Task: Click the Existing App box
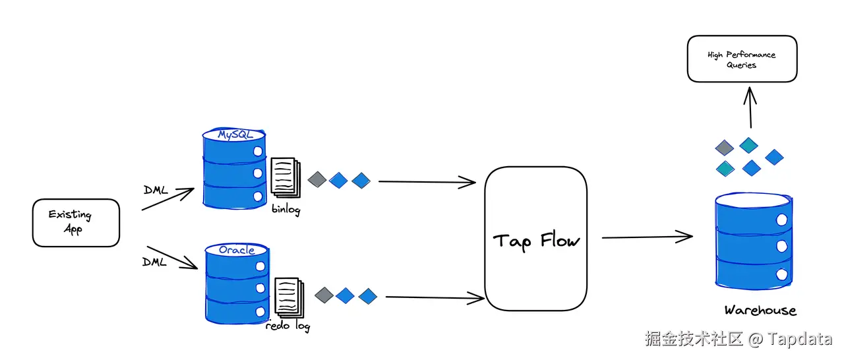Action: (76, 223)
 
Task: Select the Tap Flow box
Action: (535, 239)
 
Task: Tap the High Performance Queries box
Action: (742, 59)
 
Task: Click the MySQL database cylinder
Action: (234, 168)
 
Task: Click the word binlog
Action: (286, 210)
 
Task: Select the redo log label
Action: (287, 325)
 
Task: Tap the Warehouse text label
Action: (760, 311)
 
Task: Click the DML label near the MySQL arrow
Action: (156, 191)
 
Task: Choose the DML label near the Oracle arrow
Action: (155, 262)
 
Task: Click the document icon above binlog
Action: (285, 176)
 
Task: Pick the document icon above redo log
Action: (289, 297)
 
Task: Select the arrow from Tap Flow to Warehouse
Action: (646, 237)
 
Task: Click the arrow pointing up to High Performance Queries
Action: (750, 105)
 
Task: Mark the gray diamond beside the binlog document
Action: (317, 179)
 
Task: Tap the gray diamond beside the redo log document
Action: (324, 295)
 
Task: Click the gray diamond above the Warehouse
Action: (725, 147)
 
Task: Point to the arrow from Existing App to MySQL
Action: (167, 200)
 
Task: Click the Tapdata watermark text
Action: (800, 339)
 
